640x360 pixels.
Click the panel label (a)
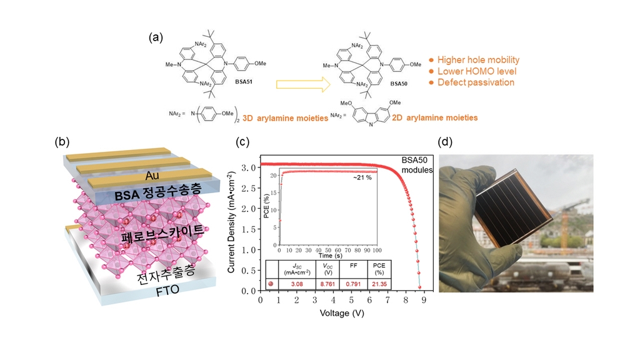pos(156,37)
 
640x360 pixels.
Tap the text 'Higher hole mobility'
pos(478,60)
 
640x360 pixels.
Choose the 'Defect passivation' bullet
pos(476,82)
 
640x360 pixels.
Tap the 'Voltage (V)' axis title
pos(342,312)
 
